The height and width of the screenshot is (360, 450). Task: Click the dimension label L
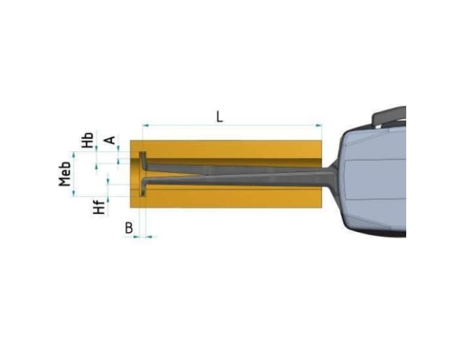(x=219, y=116)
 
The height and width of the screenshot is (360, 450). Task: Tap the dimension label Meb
(x=65, y=174)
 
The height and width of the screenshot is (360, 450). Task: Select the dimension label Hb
(x=88, y=140)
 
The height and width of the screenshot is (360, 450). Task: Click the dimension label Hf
(x=99, y=206)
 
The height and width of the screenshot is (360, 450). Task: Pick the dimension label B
(x=129, y=228)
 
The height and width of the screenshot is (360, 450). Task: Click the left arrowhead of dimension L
(x=146, y=125)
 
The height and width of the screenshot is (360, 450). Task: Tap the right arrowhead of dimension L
(x=318, y=125)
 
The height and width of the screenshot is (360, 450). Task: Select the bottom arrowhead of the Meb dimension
(x=74, y=193)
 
